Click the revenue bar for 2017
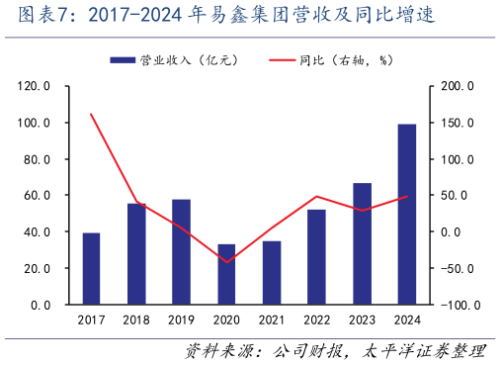[x=91, y=268]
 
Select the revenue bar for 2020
[x=226, y=274]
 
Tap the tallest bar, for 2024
[x=406, y=214]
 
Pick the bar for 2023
[x=362, y=243]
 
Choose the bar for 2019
[x=182, y=251]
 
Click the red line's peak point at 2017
[x=91, y=114]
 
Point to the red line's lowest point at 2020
[x=226, y=262]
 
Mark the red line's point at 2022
[x=316, y=196]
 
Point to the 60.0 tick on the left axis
[x=37, y=196]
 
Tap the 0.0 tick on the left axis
[x=41, y=305]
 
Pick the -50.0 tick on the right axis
[x=459, y=268]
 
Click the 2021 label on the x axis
[x=272, y=319]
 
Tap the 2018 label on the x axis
[x=136, y=319]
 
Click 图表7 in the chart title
[x=37, y=16]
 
